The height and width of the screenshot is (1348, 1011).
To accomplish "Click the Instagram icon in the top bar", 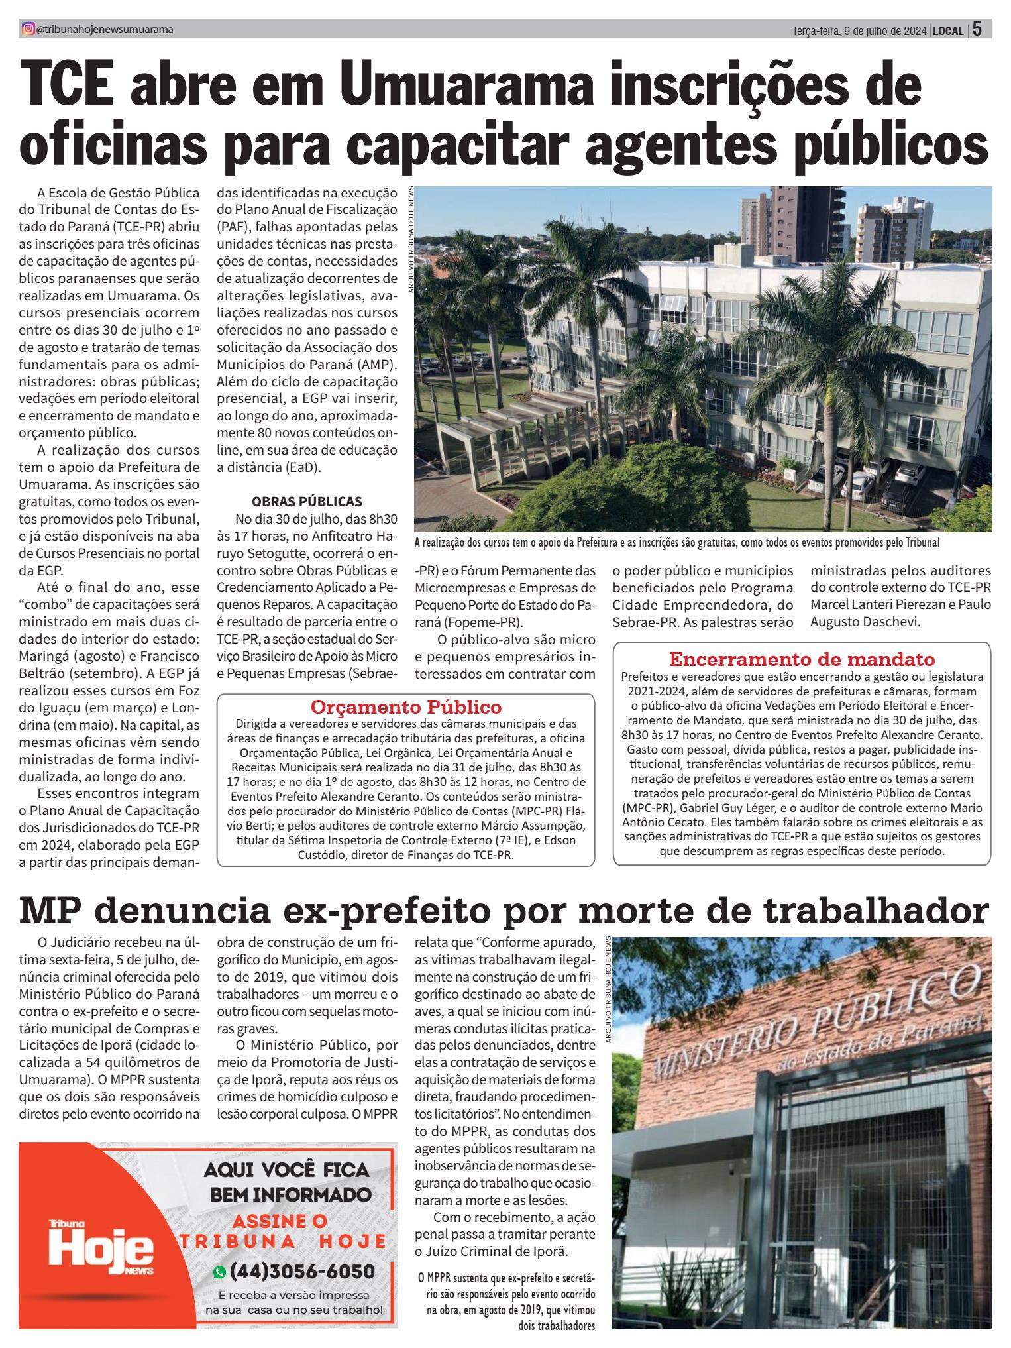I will [x=27, y=29].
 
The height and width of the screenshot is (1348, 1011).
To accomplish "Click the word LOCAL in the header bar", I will [x=947, y=30].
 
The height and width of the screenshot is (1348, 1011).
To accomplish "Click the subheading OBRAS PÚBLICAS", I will [x=307, y=501].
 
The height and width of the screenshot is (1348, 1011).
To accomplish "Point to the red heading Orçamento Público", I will [x=406, y=706].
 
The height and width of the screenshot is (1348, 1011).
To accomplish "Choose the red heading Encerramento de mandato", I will [x=802, y=659].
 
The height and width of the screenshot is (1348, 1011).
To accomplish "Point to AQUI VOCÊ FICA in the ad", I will [x=286, y=1170].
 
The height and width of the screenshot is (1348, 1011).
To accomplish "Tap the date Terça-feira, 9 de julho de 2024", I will [x=859, y=30].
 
